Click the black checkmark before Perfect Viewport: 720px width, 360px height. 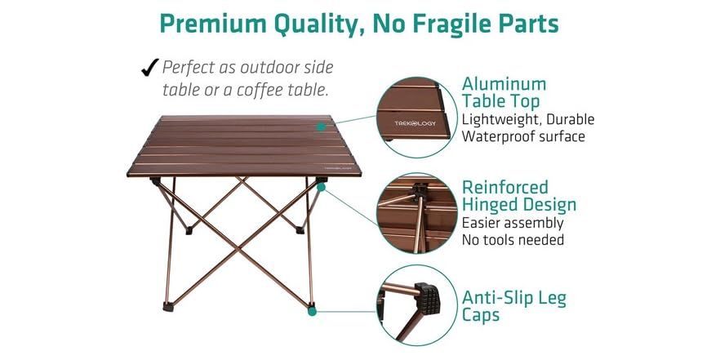tap(149, 67)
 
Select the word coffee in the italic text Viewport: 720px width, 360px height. tap(269, 89)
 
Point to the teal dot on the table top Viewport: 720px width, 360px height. tap(322, 127)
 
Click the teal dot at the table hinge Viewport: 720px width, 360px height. tap(322, 187)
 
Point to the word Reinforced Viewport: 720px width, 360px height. tap(504, 188)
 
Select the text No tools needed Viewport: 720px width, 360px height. tap(513, 239)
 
